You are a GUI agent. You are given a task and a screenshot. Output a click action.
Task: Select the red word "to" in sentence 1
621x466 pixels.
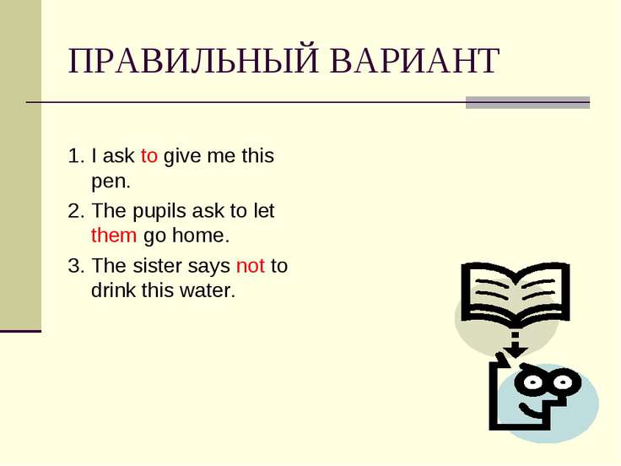(x=148, y=155)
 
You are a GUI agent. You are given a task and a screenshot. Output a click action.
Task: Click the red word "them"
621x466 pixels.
(x=114, y=236)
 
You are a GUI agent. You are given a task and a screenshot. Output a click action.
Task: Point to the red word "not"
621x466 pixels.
(x=251, y=266)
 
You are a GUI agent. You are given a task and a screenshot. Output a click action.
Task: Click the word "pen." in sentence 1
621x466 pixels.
(x=111, y=182)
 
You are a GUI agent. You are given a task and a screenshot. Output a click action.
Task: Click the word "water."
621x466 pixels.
(x=208, y=290)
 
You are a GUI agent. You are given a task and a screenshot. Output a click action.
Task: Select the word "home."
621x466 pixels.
(x=201, y=236)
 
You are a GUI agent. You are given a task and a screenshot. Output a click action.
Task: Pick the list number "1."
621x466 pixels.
(x=76, y=155)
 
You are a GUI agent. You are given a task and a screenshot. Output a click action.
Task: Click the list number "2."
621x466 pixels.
(x=76, y=211)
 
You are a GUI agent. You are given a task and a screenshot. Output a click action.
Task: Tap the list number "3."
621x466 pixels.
(x=76, y=265)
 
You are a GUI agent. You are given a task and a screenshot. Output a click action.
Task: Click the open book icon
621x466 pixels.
(x=516, y=293)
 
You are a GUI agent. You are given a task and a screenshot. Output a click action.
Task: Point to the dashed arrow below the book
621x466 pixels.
(x=516, y=344)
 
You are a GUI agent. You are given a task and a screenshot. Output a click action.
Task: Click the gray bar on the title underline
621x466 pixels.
(x=527, y=102)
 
